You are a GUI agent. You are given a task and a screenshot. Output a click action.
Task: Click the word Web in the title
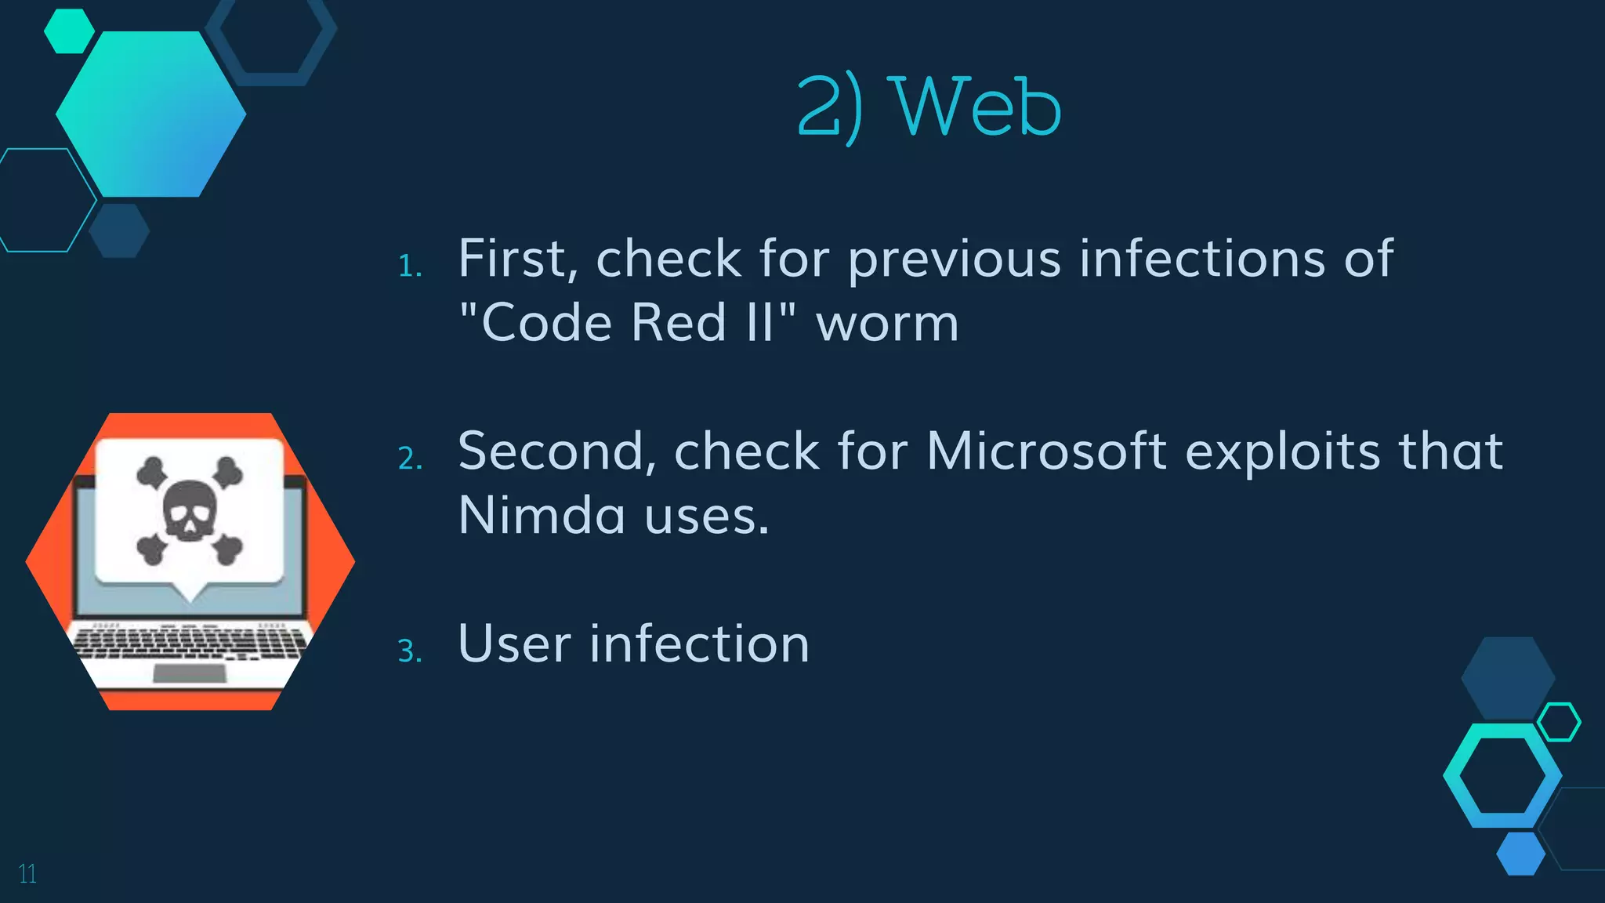[x=978, y=107]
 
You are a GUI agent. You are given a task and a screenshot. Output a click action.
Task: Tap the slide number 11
[x=27, y=873]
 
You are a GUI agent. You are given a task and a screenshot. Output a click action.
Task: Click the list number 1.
[x=409, y=267]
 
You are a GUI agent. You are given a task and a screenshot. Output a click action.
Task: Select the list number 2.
[x=410, y=459]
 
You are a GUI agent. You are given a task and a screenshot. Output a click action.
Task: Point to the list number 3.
[x=410, y=651]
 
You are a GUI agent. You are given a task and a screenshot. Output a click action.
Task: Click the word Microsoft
[x=1046, y=451]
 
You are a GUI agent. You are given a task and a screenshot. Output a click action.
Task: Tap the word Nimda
[x=542, y=516]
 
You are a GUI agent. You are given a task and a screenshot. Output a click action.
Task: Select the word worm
[x=887, y=323]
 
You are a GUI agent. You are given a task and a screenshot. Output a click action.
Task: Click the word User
[x=514, y=644]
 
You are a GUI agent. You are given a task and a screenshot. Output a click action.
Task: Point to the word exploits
[x=1282, y=451]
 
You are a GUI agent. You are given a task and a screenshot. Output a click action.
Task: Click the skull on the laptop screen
[x=190, y=510]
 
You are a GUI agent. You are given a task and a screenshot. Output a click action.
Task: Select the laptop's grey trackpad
[x=189, y=673]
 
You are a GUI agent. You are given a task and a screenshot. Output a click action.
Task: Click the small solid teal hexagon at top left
[x=69, y=31]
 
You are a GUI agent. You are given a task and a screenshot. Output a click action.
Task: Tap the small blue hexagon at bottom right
[x=1520, y=854]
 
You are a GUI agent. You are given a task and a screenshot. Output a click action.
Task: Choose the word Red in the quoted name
[x=679, y=323]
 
